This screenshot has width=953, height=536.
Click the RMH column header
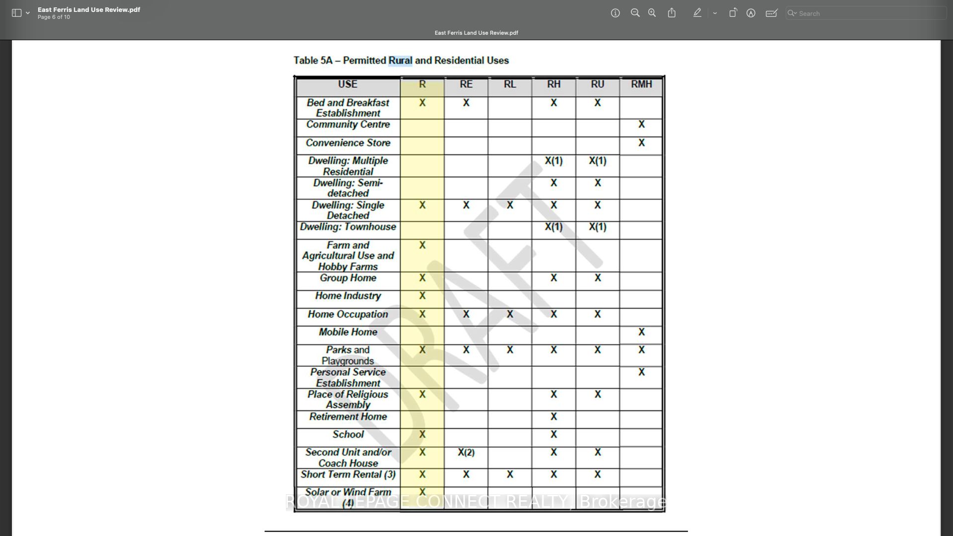(641, 84)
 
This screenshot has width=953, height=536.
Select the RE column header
(466, 84)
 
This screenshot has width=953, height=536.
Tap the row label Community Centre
(348, 125)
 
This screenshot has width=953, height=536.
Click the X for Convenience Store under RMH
(641, 143)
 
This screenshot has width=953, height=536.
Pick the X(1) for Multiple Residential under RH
(553, 161)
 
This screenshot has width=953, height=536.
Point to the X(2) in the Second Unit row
(466, 453)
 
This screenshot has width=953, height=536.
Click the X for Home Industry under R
(422, 296)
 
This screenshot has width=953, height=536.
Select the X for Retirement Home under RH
(553, 417)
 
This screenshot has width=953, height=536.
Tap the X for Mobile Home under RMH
(641, 332)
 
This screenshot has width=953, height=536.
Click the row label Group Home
(348, 278)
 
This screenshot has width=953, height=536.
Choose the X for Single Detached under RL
(510, 205)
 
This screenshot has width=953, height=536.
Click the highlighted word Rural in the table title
(400, 61)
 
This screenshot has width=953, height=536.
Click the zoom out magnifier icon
(635, 13)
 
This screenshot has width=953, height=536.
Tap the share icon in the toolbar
(672, 13)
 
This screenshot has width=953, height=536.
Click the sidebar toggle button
(16, 13)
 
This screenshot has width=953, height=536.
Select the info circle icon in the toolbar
(615, 13)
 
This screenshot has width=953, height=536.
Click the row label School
(348, 435)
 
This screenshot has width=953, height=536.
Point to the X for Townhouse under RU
(598, 227)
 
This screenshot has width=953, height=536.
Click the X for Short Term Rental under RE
(466, 474)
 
